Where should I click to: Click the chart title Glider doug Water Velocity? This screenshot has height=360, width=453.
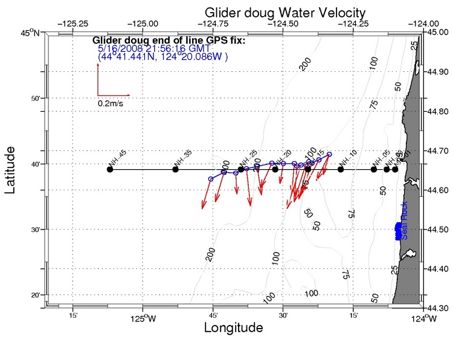(x=284, y=12)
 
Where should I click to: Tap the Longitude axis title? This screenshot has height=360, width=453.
(x=233, y=328)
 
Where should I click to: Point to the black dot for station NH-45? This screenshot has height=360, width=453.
(x=110, y=169)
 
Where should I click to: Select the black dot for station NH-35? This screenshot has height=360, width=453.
(x=176, y=169)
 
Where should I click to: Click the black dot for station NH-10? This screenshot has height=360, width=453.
(x=341, y=169)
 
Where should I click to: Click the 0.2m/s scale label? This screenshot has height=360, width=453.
(x=111, y=103)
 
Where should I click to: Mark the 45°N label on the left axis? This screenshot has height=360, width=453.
(x=30, y=33)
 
